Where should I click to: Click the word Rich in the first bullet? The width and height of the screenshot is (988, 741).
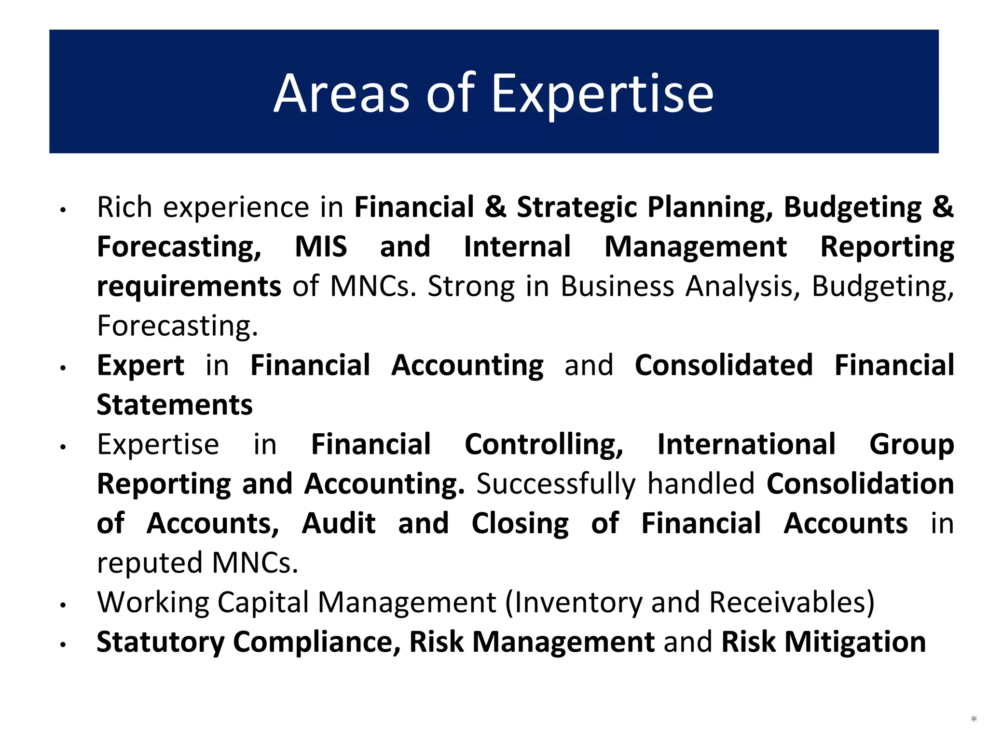coord(124,207)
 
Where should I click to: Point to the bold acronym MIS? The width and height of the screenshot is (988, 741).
coord(321,247)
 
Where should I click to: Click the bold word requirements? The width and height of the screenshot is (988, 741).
coord(189,287)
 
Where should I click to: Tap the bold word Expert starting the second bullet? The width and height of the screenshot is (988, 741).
coord(140,365)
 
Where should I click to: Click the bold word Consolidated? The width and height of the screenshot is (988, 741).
coord(724,365)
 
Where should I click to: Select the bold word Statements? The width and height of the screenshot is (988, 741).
coord(175,405)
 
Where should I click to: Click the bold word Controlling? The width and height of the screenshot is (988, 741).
coord(544,444)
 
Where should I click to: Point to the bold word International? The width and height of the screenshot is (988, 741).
coord(746,444)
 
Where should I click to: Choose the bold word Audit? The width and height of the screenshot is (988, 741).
coord(339,523)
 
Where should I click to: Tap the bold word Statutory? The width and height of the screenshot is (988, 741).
coord(161,642)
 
